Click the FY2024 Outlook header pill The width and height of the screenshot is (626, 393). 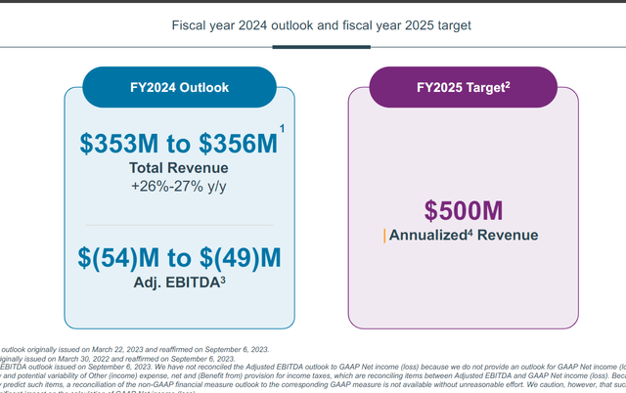point(179,87)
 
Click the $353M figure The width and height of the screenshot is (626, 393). point(121,143)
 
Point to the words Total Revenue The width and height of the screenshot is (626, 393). point(179,168)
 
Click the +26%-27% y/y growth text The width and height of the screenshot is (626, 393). point(179,186)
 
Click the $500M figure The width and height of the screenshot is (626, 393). point(463,210)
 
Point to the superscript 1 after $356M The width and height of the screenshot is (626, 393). point(282,129)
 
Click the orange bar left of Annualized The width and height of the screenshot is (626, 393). point(384,236)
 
